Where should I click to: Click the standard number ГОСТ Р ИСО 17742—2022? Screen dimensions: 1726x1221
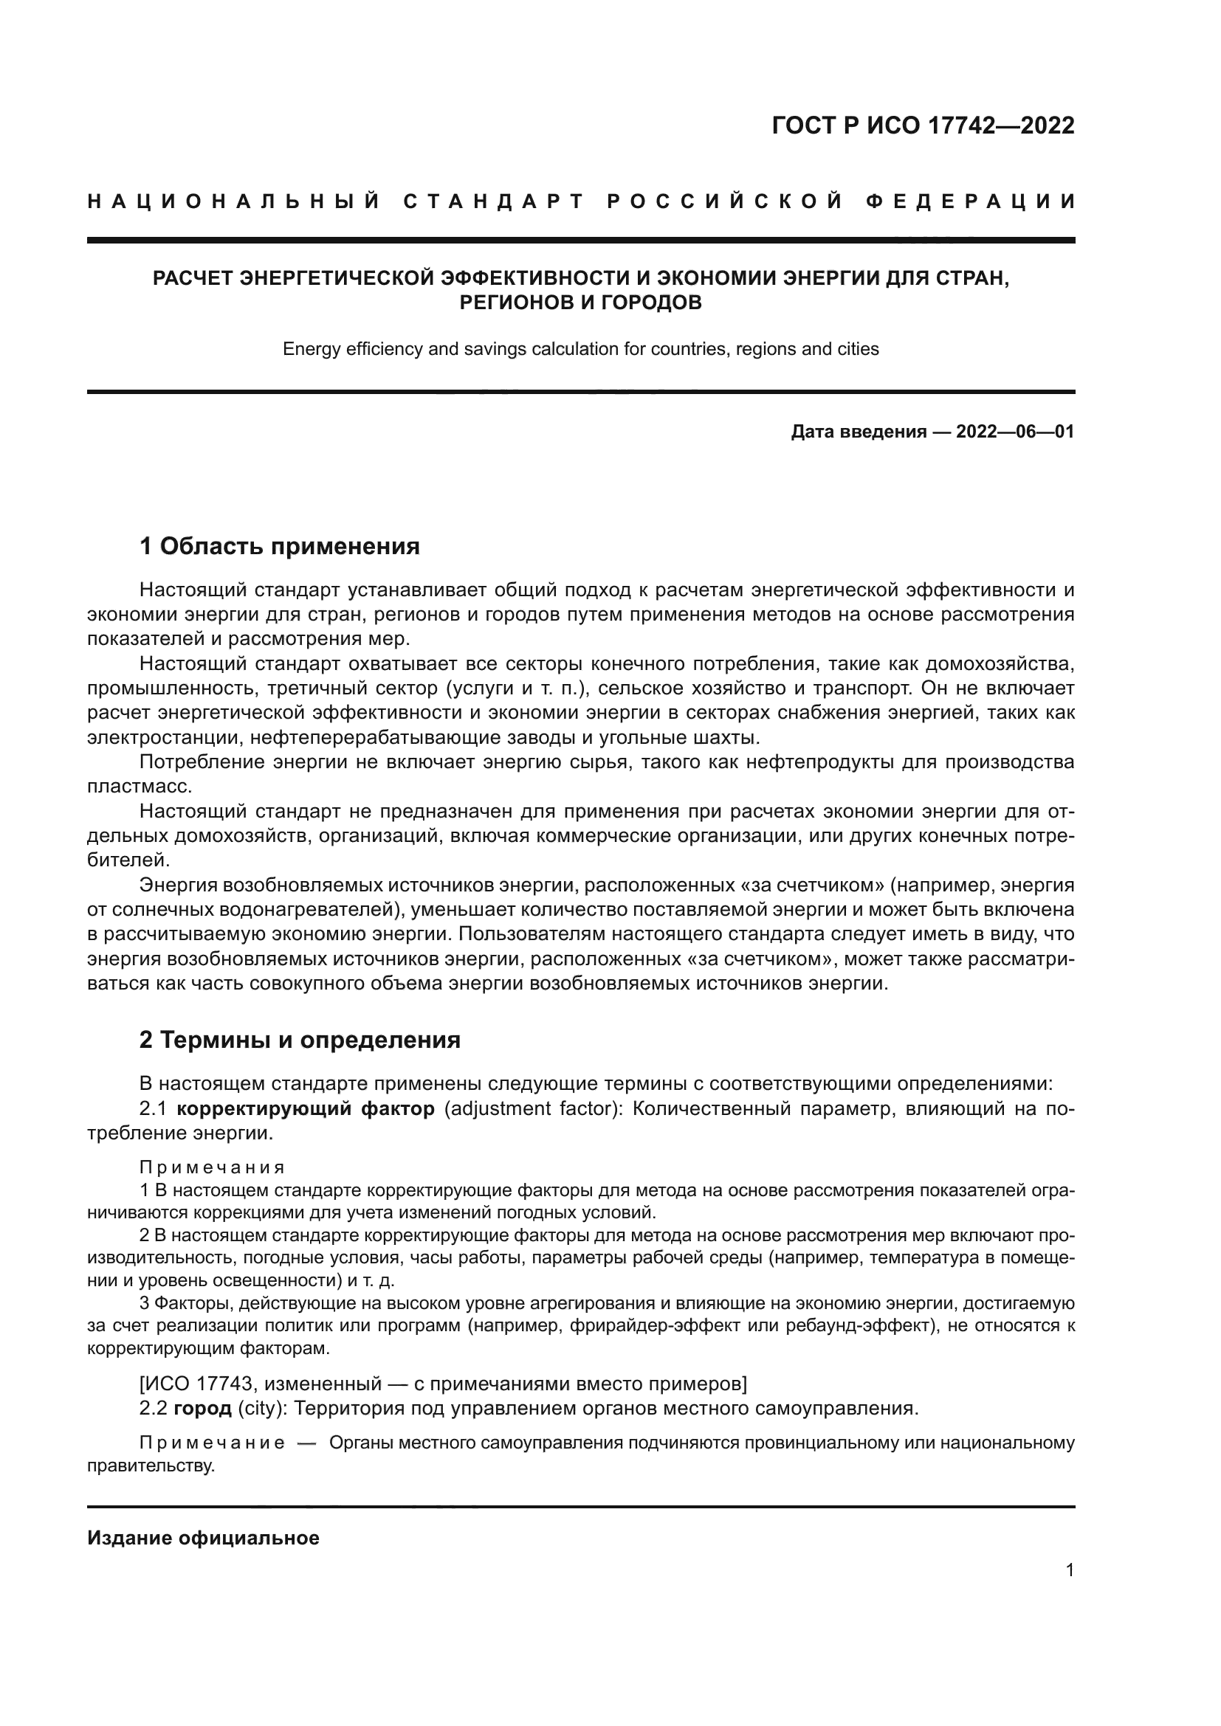pyautogui.click(x=923, y=125)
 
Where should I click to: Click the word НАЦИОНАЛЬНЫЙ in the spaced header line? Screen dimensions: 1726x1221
pyautogui.click(x=234, y=201)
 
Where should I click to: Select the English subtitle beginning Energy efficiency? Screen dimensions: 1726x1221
pyautogui.click(x=580, y=349)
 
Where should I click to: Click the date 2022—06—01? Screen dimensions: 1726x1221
pyautogui.click(x=1015, y=432)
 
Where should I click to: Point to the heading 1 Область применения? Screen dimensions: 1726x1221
pyautogui.click(x=280, y=546)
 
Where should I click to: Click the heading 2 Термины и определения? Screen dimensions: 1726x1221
pyautogui.click(x=300, y=1040)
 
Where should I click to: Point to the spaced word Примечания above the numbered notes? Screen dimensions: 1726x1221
pyautogui.click(x=212, y=1167)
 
